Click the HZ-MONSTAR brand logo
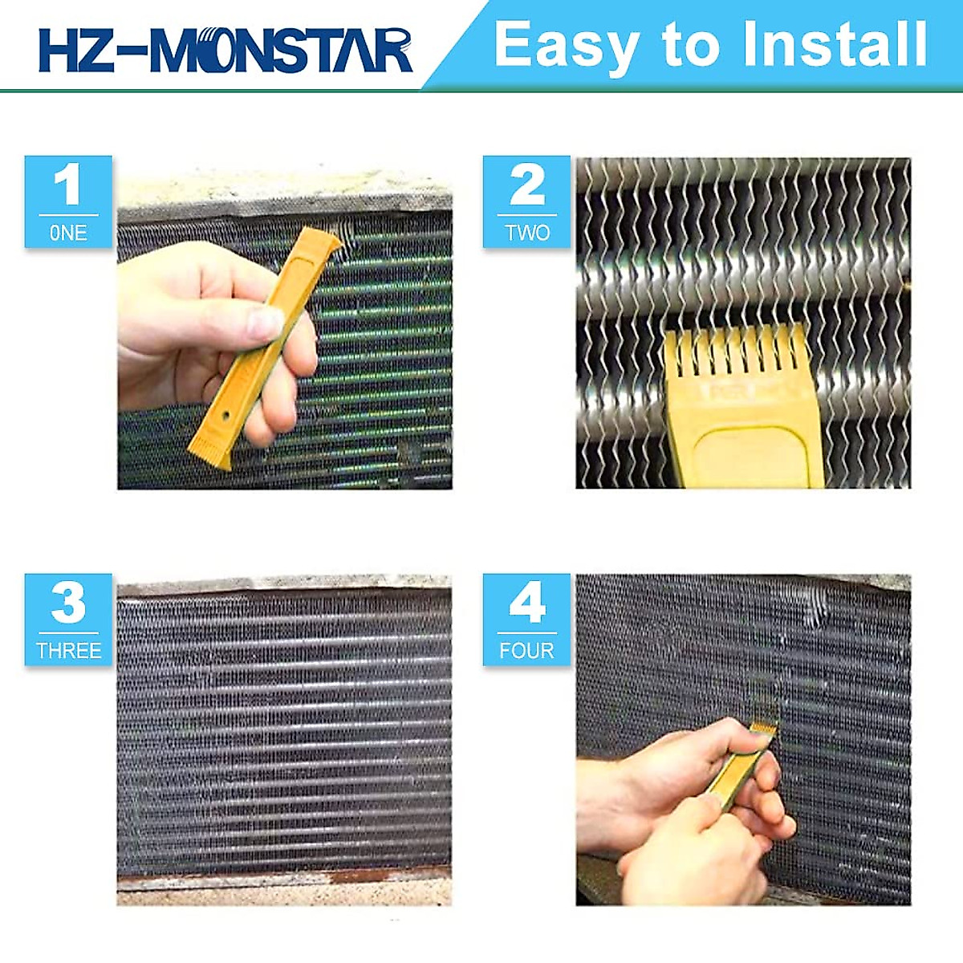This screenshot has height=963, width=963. click(x=226, y=50)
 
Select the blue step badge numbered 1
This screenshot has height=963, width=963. click(x=68, y=201)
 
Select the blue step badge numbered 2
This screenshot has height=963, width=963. click(x=526, y=201)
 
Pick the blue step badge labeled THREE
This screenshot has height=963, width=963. click(x=68, y=619)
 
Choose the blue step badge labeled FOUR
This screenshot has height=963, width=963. click(x=526, y=619)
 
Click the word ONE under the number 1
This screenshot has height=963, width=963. click(x=68, y=233)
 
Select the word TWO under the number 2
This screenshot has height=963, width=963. click(x=526, y=233)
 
